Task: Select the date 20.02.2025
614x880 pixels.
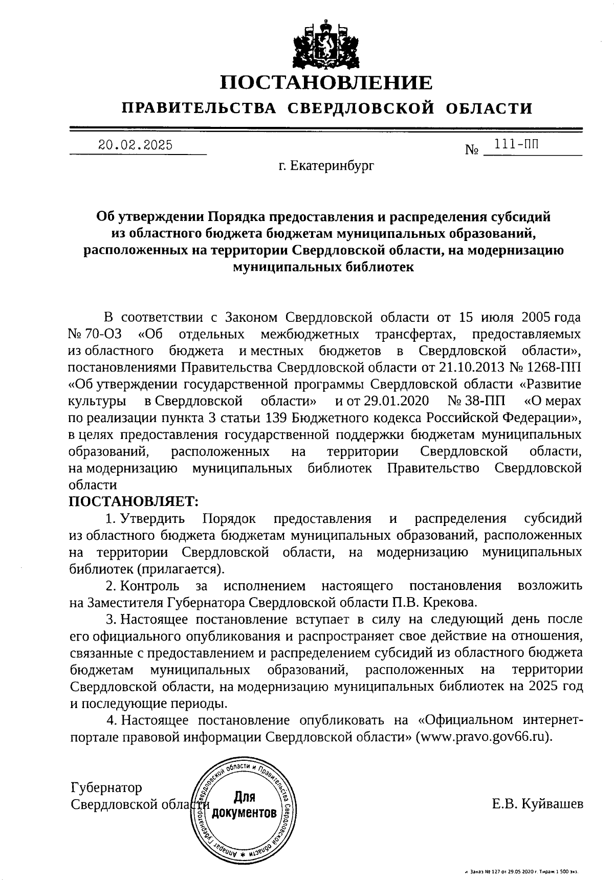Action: click(136, 145)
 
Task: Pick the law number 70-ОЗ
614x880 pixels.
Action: click(103, 335)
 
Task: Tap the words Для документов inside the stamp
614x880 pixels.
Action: click(245, 805)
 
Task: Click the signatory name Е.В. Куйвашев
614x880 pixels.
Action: click(537, 805)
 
